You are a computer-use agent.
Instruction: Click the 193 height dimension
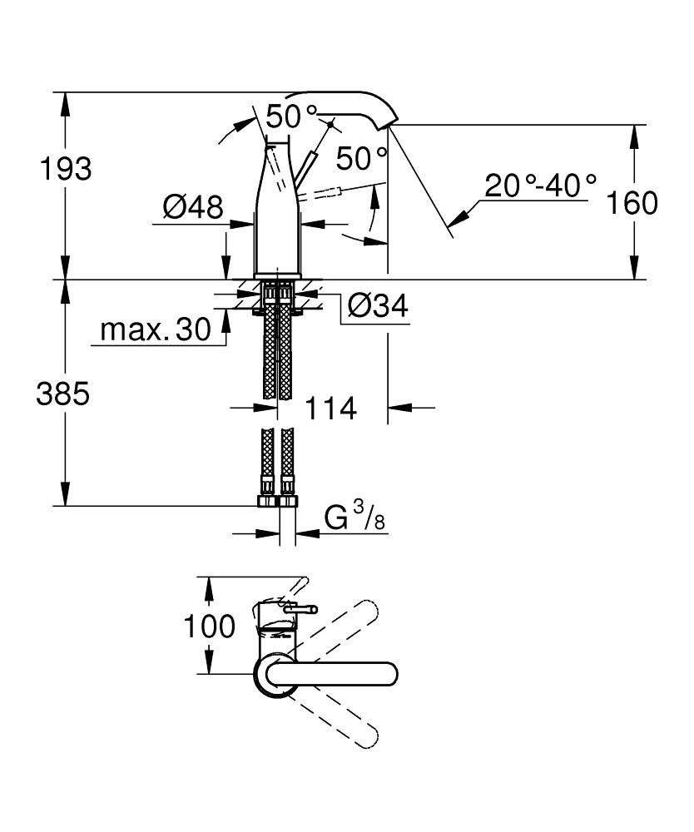pos(65,169)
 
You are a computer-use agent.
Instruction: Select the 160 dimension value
pos(633,202)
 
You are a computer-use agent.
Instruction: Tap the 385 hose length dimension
pos(62,394)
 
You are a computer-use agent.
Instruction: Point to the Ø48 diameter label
pos(193,206)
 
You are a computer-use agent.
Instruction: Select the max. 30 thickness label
pos(156,329)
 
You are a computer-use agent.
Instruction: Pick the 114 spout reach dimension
pos(331,409)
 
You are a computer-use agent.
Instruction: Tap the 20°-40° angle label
pos(542,185)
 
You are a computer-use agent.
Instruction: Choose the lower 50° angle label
pos(361,156)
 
